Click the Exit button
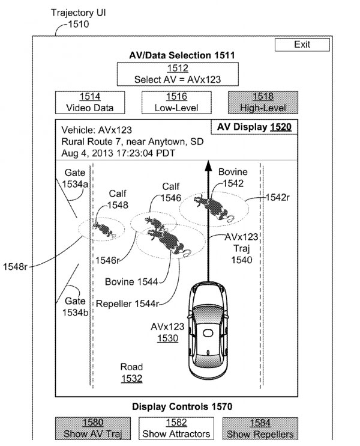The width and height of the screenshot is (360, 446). tap(302, 45)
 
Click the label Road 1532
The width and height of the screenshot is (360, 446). tap(131, 372)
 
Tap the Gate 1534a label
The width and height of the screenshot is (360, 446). tap(75, 179)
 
